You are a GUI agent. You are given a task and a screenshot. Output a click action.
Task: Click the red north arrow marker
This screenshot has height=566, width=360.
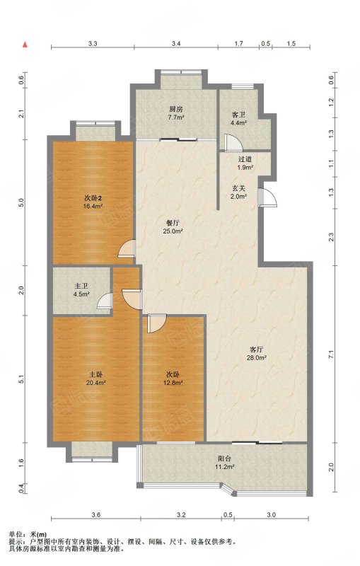(25, 44)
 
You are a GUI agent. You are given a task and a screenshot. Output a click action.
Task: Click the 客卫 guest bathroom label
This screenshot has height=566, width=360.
(239, 115)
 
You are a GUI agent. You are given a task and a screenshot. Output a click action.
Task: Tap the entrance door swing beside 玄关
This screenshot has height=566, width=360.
(268, 197)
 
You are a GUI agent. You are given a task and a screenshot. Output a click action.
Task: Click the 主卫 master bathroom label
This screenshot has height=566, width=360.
(81, 287)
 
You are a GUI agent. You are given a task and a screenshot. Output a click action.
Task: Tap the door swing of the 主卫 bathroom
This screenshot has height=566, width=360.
(105, 300)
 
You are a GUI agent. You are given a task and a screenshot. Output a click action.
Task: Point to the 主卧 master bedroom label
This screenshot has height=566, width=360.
(96, 375)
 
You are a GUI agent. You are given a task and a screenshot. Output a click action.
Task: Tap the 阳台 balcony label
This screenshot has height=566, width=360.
(225, 458)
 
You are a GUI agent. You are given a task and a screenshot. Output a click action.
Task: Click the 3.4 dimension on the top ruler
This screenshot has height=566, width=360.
(175, 44)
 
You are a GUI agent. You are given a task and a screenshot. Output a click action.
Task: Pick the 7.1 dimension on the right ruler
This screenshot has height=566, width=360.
(331, 354)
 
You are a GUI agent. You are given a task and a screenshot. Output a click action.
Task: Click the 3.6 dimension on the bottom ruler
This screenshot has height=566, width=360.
(95, 515)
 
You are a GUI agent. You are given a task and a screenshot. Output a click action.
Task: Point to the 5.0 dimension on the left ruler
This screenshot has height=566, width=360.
(22, 203)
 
